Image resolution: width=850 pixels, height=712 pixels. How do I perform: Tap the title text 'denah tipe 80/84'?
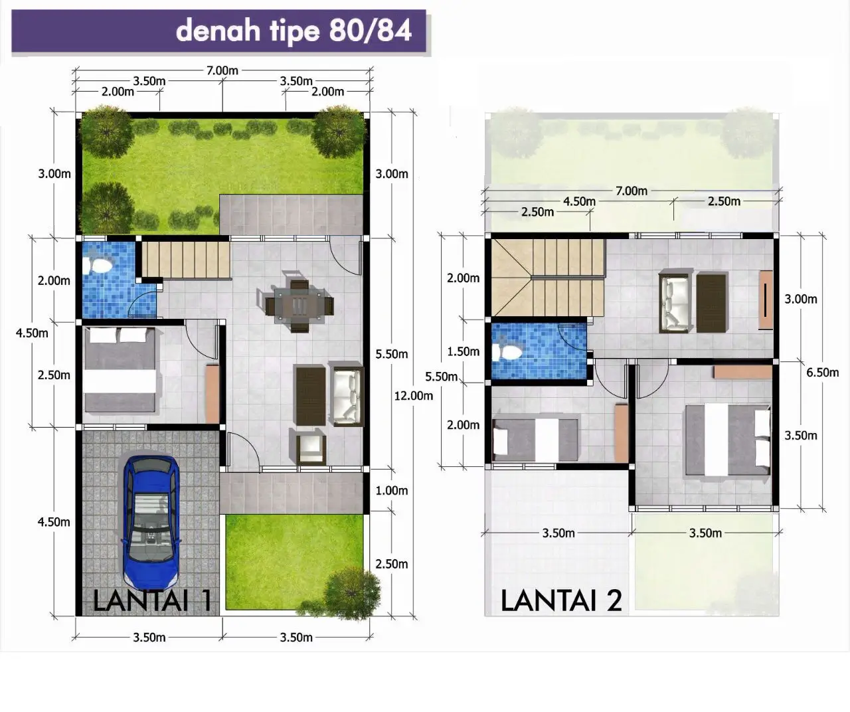[x=294, y=31]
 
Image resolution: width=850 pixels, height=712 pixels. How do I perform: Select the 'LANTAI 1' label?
[x=152, y=600]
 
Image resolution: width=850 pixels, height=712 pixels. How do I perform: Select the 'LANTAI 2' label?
[x=561, y=600]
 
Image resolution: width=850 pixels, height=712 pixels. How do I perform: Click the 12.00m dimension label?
[x=413, y=396]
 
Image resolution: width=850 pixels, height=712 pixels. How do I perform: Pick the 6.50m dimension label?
[x=822, y=373]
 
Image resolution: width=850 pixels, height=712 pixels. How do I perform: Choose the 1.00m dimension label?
[x=391, y=491]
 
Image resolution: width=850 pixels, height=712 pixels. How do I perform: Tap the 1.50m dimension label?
[x=463, y=351]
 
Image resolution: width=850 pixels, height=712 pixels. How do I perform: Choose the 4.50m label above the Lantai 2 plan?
[x=579, y=201]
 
